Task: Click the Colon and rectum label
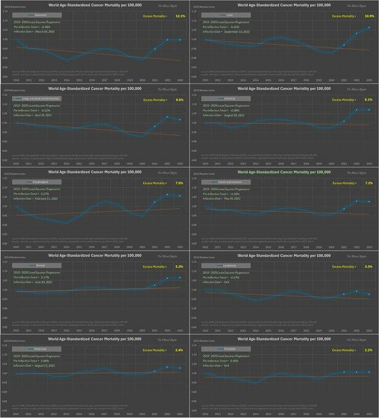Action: (x=227, y=183)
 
